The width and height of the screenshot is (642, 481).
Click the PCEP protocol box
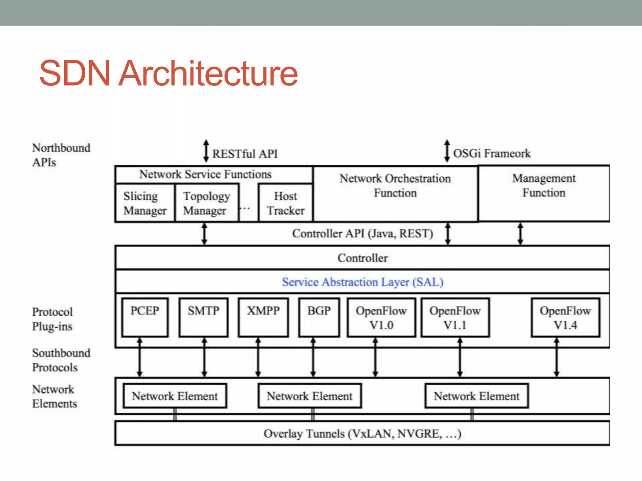click(x=145, y=317)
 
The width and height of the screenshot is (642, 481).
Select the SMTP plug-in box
click(x=204, y=317)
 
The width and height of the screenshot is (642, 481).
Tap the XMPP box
click(x=263, y=317)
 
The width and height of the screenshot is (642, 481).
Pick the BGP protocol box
click(x=319, y=317)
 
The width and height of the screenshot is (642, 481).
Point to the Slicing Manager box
click(x=145, y=203)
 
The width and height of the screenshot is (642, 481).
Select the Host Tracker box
click(x=286, y=203)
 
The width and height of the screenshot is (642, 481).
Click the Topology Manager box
click(x=207, y=203)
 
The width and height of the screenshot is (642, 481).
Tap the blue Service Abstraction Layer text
click(x=362, y=282)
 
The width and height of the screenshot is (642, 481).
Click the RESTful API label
click(x=245, y=154)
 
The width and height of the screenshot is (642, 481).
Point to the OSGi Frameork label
click(x=492, y=153)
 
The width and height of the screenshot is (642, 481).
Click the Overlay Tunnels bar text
click(x=362, y=434)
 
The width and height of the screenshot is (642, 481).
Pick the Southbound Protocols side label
click(x=61, y=360)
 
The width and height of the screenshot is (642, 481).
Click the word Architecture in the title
click(x=208, y=73)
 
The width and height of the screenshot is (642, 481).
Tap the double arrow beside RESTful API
click(x=206, y=151)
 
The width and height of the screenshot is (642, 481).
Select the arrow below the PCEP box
click(x=140, y=357)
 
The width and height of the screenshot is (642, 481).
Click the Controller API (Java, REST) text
click(x=362, y=234)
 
